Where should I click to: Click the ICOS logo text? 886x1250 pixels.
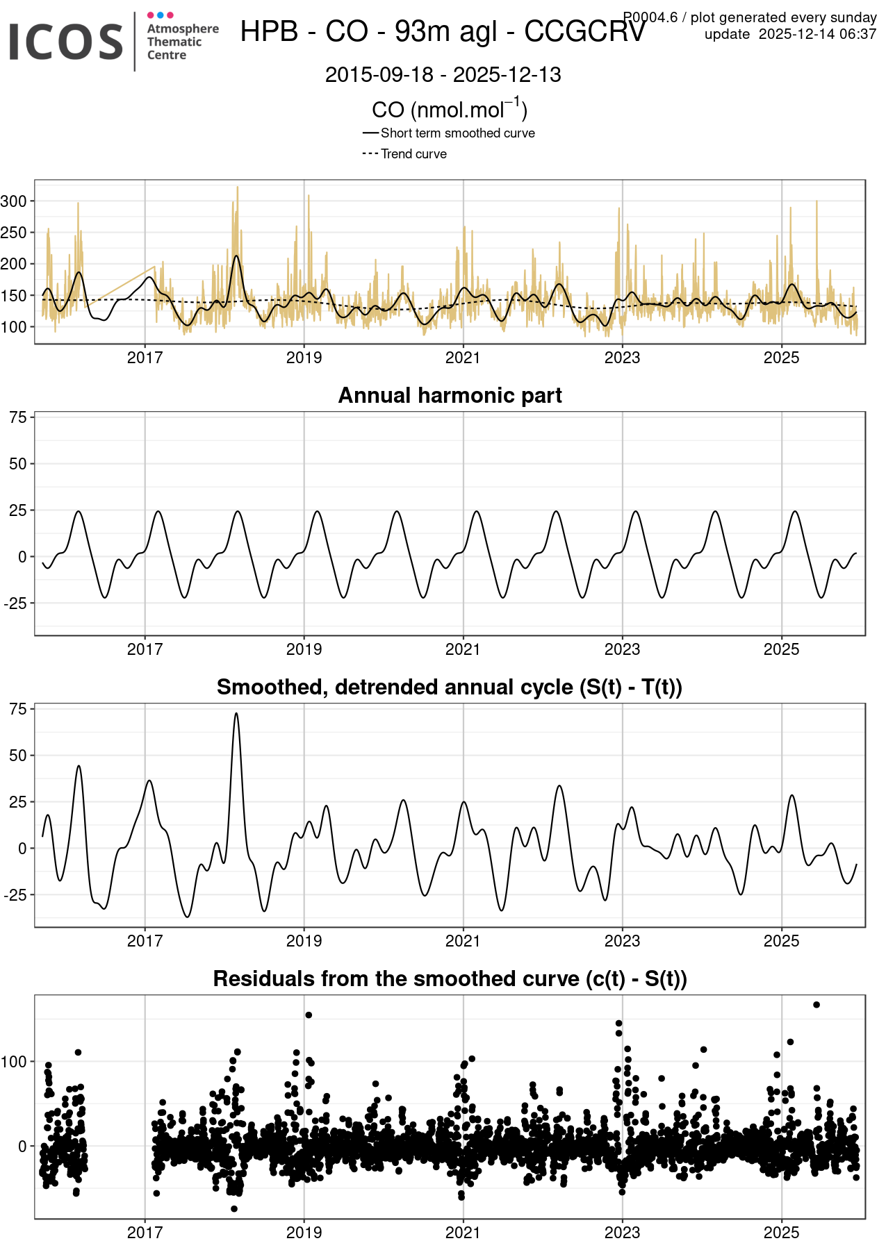tap(66, 41)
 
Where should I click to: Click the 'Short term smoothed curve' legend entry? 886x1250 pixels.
tap(457, 133)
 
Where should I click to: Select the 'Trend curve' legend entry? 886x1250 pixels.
tap(413, 153)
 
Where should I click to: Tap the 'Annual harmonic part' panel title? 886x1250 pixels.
tap(450, 395)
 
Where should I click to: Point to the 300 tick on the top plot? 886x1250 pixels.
tap(13, 201)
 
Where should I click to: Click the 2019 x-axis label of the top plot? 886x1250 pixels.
tap(304, 358)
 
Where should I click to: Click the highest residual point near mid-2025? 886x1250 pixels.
tap(817, 1005)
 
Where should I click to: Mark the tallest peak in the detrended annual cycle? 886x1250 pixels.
tap(236, 714)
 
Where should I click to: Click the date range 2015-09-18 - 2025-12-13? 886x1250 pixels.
tap(443, 74)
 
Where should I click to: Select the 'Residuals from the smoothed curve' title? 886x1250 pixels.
tap(450, 978)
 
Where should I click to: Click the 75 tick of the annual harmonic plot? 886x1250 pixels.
tap(17, 417)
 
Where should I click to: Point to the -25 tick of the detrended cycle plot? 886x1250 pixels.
tap(15, 895)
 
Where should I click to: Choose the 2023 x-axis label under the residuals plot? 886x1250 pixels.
tap(622, 1233)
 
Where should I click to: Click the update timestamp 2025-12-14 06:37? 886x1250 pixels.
tap(790, 34)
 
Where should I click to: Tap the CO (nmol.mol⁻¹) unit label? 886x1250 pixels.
tap(450, 109)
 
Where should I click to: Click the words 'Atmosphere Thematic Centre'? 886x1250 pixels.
tap(182, 42)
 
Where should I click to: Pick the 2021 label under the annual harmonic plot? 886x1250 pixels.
tap(463, 649)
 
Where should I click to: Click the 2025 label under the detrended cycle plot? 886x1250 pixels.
tap(781, 941)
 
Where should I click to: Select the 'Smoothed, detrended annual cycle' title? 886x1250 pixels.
tap(450, 687)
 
